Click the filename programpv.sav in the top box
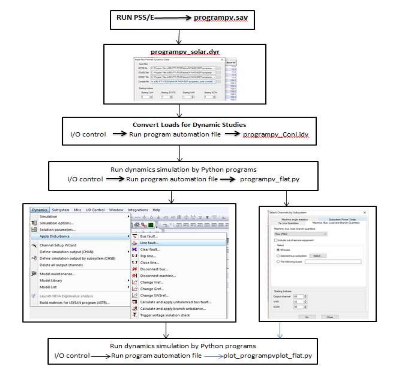click(221, 18)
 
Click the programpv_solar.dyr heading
click(185, 52)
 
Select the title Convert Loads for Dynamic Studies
click(189, 125)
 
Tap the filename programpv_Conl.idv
click(276, 134)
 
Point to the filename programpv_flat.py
click(269, 179)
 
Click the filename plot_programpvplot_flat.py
click(267, 356)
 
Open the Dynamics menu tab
click(40, 210)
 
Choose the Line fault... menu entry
click(149, 243)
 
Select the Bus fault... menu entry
click(149, 236)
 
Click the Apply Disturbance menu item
click(54, 236)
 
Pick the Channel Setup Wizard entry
click(58, 245)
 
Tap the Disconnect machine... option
click(158, 276)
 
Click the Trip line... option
click(148, 256)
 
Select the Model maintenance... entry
click(57, 274)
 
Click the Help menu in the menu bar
click(156, 210)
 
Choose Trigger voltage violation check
click(165, 315)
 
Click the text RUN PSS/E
click(135, 18)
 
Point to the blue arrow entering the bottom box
click(280, 330)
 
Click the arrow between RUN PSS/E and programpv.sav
click(173, 18)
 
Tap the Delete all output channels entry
click(61, 265)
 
